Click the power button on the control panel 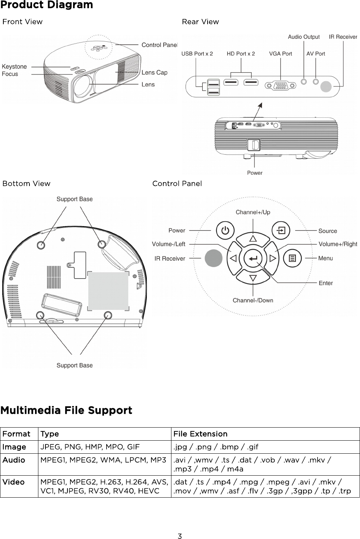tap(225, 231)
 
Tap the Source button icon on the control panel tap(281, 231)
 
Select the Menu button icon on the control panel tap(293, 258)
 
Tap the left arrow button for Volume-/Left tap(234, 258)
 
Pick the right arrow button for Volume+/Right tap(273, 258)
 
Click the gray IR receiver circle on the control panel tap(214, 258)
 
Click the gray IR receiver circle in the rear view tap(326, 86)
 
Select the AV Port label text tap(316, 54)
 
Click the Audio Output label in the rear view tap(304, 37)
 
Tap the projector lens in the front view tap(83, 86)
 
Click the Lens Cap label tap(154, 73)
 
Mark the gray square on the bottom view tap(108, 291)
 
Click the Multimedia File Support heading tap(66, 410)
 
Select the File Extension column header tap(200, 434)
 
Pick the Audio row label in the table tap(14, 460)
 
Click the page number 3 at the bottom tap(180, 536)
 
